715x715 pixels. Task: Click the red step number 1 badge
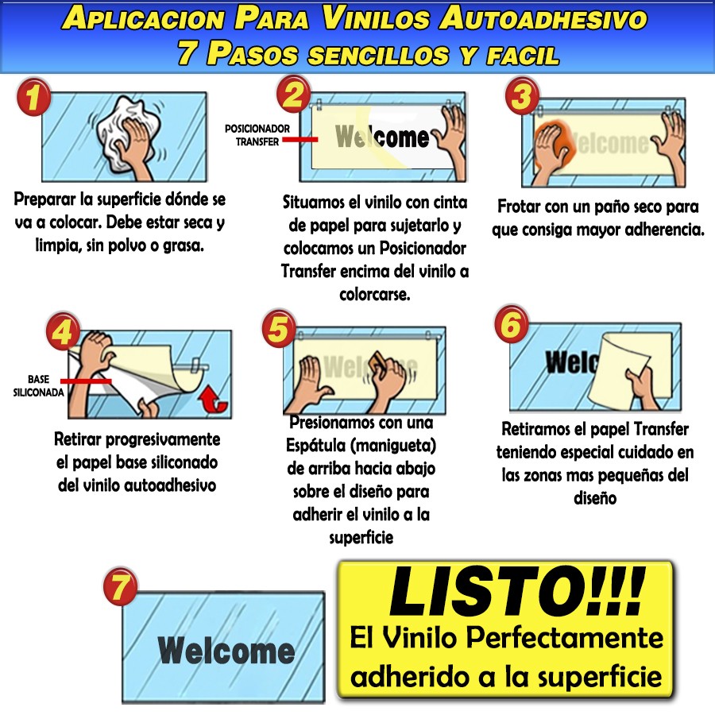point(33,97)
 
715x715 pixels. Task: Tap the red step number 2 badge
point(294,94)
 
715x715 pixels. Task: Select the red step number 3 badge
point(523,96)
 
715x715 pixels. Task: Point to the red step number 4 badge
point(63,331)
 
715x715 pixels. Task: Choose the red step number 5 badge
point(279,329)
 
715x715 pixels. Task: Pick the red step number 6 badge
point(512,323)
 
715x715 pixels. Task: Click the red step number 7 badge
point(121,586)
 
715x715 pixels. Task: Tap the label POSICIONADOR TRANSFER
point(257,135)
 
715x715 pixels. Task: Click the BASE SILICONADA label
point(39,386)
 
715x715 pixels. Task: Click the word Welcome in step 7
point(226,650)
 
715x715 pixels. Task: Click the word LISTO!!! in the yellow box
point(516,591)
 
